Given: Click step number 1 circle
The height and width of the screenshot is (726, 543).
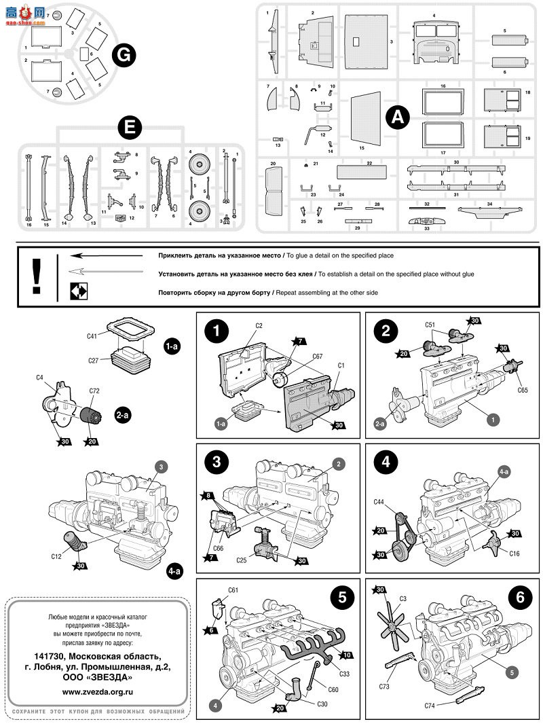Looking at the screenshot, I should [216, 332].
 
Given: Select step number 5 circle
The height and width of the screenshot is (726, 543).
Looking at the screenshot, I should [342, 597].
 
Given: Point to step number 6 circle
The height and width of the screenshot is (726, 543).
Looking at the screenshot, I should [520, 597].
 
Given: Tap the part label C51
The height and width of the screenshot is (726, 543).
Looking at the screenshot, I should [430, 324].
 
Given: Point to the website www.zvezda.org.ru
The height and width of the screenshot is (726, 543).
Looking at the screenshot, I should [97, 691].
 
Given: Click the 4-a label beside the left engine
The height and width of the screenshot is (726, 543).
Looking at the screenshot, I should [174, 571].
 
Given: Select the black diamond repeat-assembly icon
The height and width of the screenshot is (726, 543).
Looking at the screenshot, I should [76, 293].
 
